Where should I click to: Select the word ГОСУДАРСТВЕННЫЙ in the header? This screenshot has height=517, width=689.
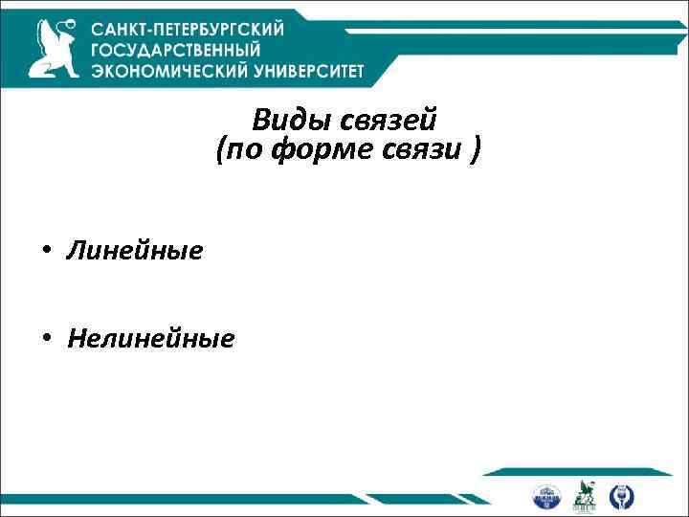(174, 50)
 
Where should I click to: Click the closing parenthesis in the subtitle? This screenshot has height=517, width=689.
(476, 150)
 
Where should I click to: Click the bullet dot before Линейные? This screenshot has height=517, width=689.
(45, 253)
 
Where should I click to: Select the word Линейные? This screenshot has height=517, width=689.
(134, 252)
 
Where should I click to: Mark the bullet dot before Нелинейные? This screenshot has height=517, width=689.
(45, 338)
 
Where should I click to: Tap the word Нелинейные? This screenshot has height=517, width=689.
(150, 338)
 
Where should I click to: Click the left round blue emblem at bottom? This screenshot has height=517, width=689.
(546, 496)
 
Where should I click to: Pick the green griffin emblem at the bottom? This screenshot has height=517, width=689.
(584, 495)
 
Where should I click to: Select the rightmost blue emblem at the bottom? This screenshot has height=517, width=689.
(622, 496)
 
